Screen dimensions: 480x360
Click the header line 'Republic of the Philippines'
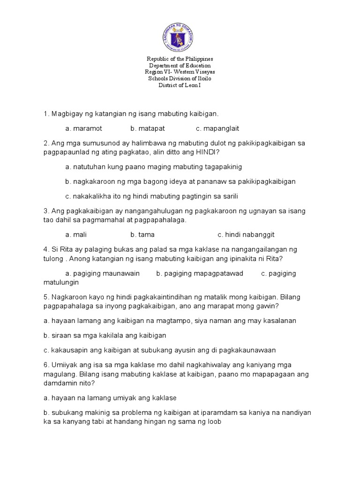coord(180,59)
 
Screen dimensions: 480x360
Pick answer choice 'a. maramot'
coord(84,128)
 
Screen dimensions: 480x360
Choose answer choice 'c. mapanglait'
coord(217,128)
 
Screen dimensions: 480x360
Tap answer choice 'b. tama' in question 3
coord(142,234)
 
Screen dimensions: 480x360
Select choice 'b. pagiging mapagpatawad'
coord(200,273)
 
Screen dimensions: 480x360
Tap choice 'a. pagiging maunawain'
coord(103,273)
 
